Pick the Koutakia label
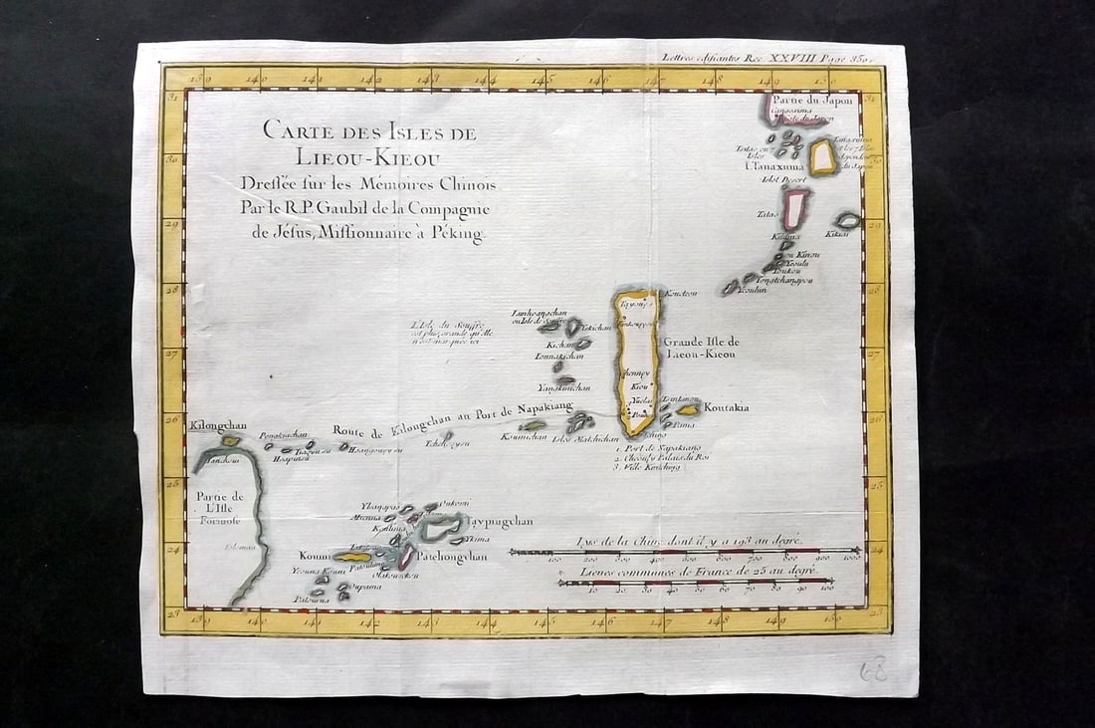pyautogui.click(x=726, y=406)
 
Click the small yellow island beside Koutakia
pyautogui.click(x=688, y=409)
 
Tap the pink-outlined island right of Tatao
pyautogui.click(x=795, y=209)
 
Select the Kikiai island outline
pyautogui.click(x=848, y=220)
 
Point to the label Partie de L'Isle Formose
pyautogui.click(x=219, y=506)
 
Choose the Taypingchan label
pyautogui.click(x=500, y=521)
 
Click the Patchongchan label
pyautogui.click(x=452, y=556)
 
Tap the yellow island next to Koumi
pyautogui.click(x=350, y=557)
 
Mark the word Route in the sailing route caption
pyautogui.click(x=351, y=430)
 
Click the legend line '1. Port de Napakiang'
pyautogui.click(x=656, y=449)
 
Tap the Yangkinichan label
pyautogui.click(x=563, y=387)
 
